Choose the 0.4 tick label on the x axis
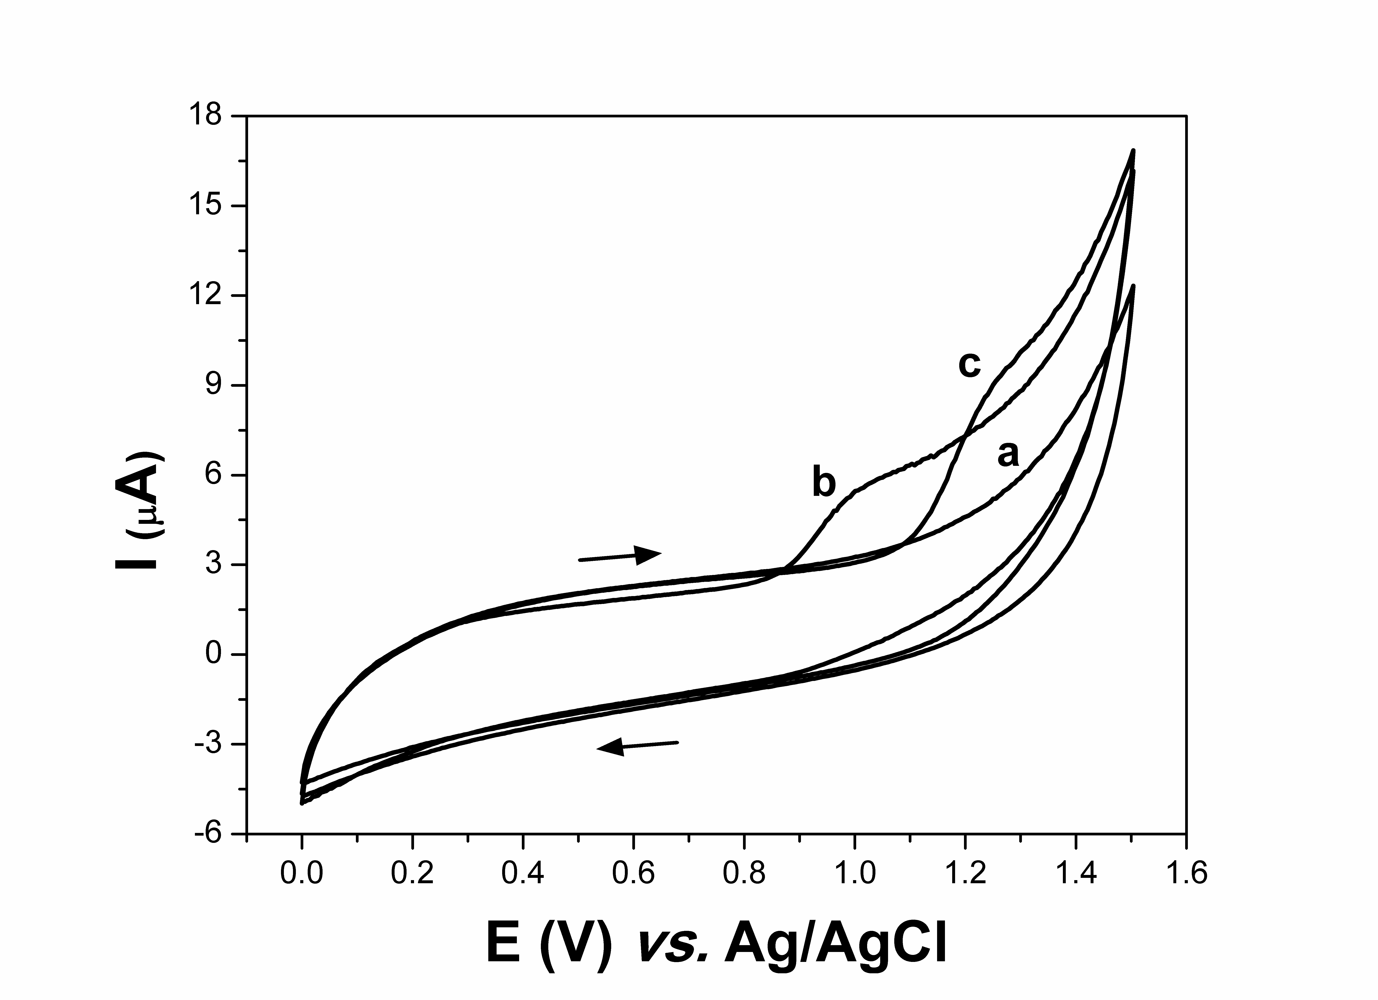[x=522, y=873]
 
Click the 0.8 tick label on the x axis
[x=744, y=873]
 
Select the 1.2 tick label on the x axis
[x=965, y=873]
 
